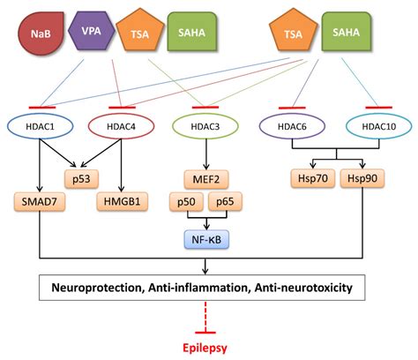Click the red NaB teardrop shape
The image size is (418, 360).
(x=41, y=34)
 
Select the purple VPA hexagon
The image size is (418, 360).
(x=92, y=31)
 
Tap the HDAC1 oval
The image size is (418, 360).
(x=41, y=126)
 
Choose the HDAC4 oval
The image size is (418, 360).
(x=121, y=126)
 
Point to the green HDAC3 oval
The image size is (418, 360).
(x=205, y=126)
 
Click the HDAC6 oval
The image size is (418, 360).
(x=292, y=126)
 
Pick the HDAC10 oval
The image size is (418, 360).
(x=378, y=126)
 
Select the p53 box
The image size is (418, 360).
(x=81, y=179)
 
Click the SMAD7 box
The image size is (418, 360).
(x=40, y=201)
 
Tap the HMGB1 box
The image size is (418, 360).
(x=122, y=201)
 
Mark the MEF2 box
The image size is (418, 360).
(x=206, y=179)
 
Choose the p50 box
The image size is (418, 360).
(x=186, y=201)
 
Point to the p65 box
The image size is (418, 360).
(x=225, y=201)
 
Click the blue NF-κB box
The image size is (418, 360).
(x=206, y=239)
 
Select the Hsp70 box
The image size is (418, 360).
(x=313, y=178)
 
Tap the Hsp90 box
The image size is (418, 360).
(x=362, y=178)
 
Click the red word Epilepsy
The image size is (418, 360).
(x=205, y=348)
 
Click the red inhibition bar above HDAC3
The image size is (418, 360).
(x=205, y=107)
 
